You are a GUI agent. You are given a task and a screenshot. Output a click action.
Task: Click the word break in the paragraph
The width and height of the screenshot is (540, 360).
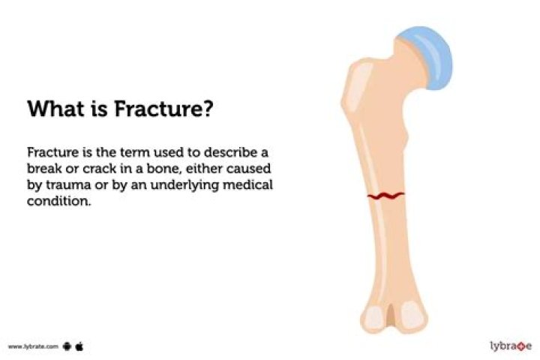tap(44, 168)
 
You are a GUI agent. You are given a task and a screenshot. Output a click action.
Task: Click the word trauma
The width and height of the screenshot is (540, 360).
tap(66, 184)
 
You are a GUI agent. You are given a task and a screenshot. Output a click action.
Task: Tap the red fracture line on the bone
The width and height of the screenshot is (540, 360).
tap(385, 196)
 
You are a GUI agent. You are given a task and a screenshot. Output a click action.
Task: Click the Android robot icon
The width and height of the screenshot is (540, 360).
tap(67, 346)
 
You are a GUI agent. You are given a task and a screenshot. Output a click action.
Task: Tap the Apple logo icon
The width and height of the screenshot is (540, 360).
tap(79, 346)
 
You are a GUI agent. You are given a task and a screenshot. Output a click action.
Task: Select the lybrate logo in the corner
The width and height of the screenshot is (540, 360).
tap(510, 346)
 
